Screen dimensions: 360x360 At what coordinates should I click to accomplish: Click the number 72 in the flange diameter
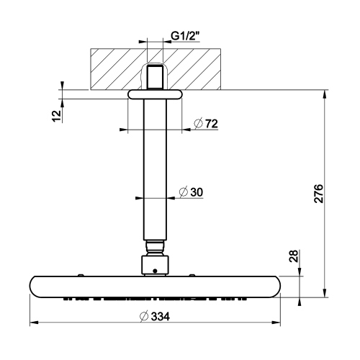pyautogui.click(x=210, y=125)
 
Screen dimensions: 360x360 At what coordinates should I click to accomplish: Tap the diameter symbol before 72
pyautogui.click(x=197, y=125)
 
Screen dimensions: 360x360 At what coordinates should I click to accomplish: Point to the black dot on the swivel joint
pyautogui.click(x=153, y=271)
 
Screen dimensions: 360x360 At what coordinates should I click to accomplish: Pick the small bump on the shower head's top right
pyautogui.click(x=193, y=274)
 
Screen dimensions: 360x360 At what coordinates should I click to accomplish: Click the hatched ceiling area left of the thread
pyautogui.click(x=115, y=68)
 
